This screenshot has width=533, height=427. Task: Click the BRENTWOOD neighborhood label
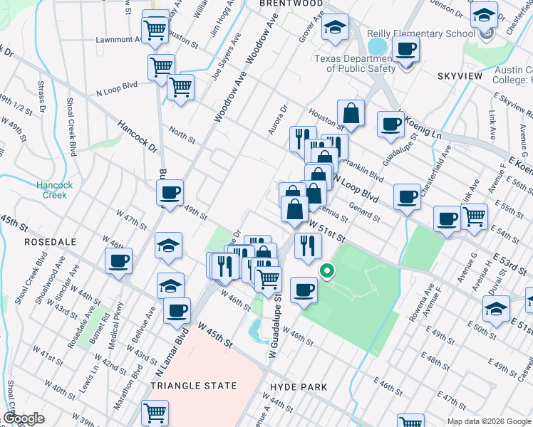tap(281, 4)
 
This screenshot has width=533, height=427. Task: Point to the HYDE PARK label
tap(299, 387)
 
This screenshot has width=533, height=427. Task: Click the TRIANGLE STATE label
tap(193, 386)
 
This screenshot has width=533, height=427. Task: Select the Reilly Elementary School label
tap(421, 33)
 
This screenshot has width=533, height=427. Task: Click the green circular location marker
tap(327, 270)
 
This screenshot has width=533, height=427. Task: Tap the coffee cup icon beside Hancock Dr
tap(170, 193)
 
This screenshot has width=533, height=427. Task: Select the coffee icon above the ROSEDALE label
tap(118, 260)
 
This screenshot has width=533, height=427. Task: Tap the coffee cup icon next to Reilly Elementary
tap(405, 49)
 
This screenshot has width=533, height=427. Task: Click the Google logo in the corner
tap(24, 418)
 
